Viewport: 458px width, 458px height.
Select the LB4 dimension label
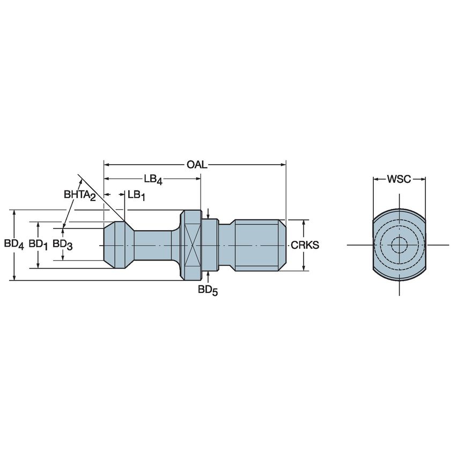153,180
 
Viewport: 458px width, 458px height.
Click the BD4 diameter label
14,244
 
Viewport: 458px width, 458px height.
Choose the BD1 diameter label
39,244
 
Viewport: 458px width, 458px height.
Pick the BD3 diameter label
63,244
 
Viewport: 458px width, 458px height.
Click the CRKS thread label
305,245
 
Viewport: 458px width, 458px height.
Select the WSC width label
399,179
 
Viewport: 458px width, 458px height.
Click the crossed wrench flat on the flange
193,245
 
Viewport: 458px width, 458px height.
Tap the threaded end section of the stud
257,245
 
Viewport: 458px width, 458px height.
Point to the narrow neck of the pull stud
153,245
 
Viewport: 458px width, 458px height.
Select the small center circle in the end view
399,245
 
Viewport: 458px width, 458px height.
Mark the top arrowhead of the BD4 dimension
14,212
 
